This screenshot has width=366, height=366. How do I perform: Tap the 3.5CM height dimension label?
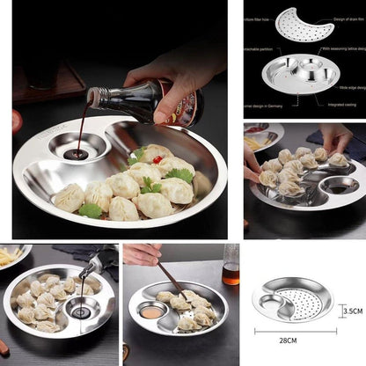pyautogui.click(x=351, y=311)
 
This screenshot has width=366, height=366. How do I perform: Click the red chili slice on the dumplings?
pyautogui.click(x=157, y=160)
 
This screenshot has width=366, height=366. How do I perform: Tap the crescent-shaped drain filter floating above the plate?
pyautogui.click(x=304, y=24)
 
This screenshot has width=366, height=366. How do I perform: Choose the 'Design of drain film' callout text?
pyautogui.click(x=347, y=19)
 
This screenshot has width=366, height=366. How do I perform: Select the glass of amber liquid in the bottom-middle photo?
pyautogui.click(x=231, y=265)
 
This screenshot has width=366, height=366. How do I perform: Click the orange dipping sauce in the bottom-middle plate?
pyautogui.click(x=152, y=311)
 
